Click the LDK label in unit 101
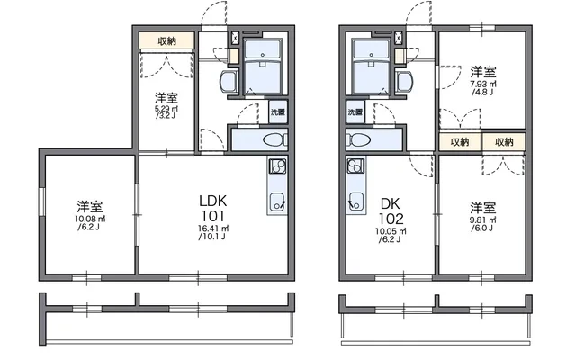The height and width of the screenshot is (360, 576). point(213,201)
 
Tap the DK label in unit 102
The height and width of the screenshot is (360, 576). point(390,203)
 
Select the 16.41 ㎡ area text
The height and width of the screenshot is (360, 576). point(213,229)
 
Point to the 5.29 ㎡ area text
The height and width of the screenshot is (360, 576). point(166,109)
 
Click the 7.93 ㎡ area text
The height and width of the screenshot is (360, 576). point(483,84)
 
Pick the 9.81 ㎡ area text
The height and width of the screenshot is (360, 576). point(483,220)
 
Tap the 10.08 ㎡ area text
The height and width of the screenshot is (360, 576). point(90,219)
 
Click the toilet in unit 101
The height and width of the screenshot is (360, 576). point(275,139)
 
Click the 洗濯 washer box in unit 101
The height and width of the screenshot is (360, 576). point(278,112)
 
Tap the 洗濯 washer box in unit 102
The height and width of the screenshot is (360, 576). point(355,112)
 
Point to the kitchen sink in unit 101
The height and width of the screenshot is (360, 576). point(278,202)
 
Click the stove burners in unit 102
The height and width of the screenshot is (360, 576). point(355,166)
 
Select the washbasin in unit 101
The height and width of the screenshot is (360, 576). point(229,82)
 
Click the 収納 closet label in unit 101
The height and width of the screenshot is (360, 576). point(166,40)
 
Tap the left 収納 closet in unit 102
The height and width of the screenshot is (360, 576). point(460,142)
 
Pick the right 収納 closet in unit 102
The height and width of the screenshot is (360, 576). point(504,142)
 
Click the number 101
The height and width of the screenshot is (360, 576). point(213,216)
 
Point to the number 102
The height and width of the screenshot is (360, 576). point(391,219)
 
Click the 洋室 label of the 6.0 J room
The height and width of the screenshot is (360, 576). point(483,208)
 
